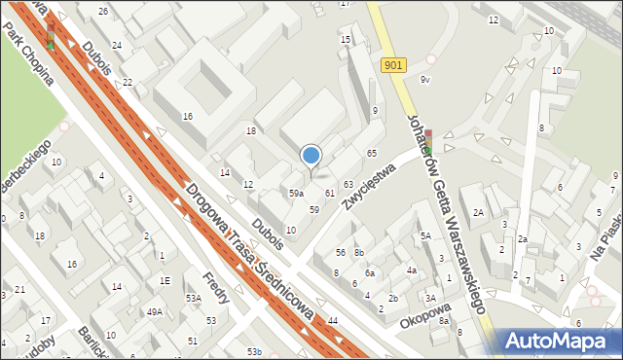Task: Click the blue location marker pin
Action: [311, 156]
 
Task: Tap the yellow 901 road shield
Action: [392, 64]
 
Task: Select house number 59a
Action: [296, 194]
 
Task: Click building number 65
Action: [371, 154]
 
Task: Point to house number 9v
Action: [424, 80]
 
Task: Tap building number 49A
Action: [154, 312]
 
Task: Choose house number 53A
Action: [193, 299]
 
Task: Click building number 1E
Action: [165, 280]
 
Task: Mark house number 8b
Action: [358, 253]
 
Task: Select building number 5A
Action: [425, 235]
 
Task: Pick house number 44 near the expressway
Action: [333, 320]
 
